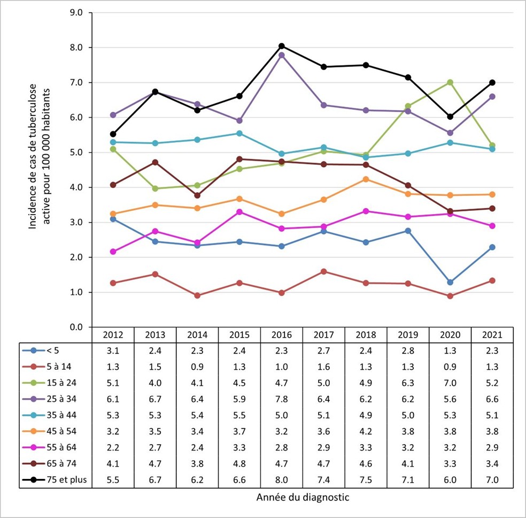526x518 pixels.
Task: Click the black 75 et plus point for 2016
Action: coord(282,46)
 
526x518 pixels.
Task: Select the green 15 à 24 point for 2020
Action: coord(450,82)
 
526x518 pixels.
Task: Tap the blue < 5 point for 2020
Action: coord(450,282)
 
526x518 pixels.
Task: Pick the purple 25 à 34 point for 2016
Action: coord(282,55)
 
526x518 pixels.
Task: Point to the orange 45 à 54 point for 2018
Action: coord(366,179)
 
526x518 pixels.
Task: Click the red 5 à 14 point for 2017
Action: coord(324,271)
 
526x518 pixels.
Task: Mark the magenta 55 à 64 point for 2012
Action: coord(113,252)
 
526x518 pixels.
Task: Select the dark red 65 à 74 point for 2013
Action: coord(156,162)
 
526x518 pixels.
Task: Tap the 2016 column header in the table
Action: coord(282,335)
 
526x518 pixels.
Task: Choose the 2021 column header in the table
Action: coord(492,335)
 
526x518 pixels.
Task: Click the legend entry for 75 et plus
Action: coord(56,480)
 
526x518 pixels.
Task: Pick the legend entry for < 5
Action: coord(56,351)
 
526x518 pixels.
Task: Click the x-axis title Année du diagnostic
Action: coord(303,498)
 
